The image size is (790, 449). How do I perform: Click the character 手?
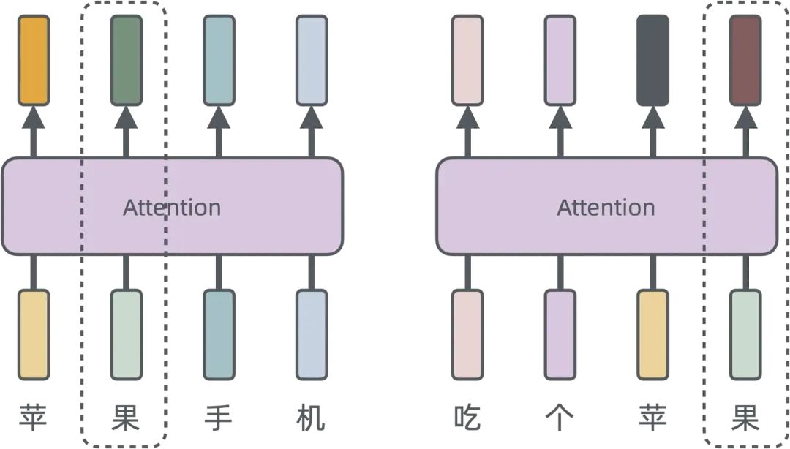tap(218, 418)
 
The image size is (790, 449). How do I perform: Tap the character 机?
tap(312, 418)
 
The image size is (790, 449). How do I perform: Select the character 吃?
tap(467, 418)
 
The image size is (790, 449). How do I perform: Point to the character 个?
tap(560, 418)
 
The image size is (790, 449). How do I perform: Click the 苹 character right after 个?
tap(652, 418)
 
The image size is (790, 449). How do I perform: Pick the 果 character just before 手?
tap(126, 418)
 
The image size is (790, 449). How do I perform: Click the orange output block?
tap(34, 60)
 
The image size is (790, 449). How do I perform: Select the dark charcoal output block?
tap(652, 60)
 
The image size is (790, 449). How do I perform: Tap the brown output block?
tap(745, 60)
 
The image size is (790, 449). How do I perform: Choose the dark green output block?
tap(126, 60)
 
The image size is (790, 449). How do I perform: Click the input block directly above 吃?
tap(467, 334)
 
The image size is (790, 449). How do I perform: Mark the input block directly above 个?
tap(560, 334)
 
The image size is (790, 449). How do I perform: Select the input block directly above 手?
tap(219, 334)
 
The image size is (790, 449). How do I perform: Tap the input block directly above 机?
tap(312, 334)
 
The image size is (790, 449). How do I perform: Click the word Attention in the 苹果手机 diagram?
tap(172, 208)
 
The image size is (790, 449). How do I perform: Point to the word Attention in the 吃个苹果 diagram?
tap(606, 208)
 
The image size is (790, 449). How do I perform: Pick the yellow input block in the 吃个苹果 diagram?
tap(652, 334)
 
